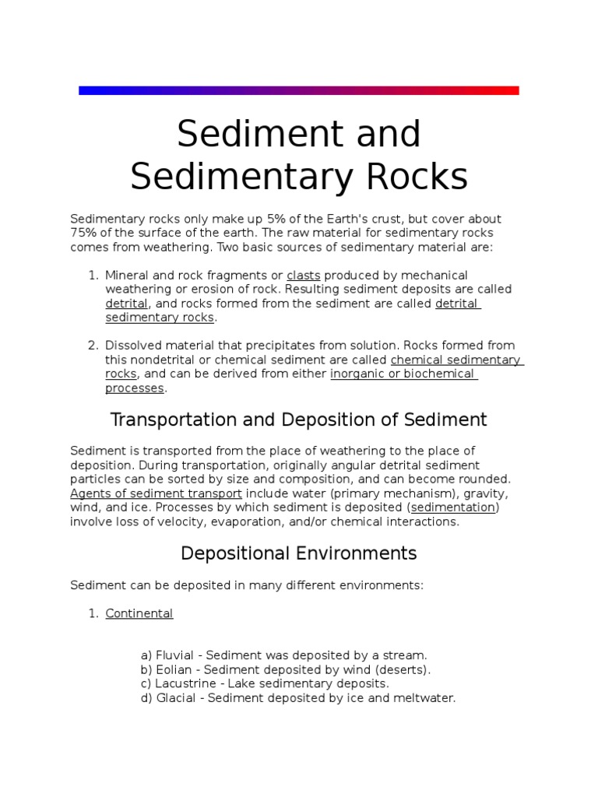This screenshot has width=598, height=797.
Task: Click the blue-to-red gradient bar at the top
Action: [x=298, y=90]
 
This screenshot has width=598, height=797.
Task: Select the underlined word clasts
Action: [x=304, y=275]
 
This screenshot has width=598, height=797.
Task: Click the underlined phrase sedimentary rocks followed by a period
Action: [x=159, y=317]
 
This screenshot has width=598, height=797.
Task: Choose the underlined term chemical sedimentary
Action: [x=456, y=360]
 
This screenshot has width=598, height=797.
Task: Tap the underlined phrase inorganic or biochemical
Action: [x=403, y=374]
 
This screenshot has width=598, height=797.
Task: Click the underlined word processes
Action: [x=134, y=388]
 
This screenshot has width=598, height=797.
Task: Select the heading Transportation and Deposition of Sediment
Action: [x=298, y=420]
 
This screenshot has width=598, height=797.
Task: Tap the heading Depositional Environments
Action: [x=298, y=553]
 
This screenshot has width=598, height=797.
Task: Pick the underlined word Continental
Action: [x=139, y=613]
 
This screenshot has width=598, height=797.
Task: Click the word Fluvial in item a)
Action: [x=175, y=655]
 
